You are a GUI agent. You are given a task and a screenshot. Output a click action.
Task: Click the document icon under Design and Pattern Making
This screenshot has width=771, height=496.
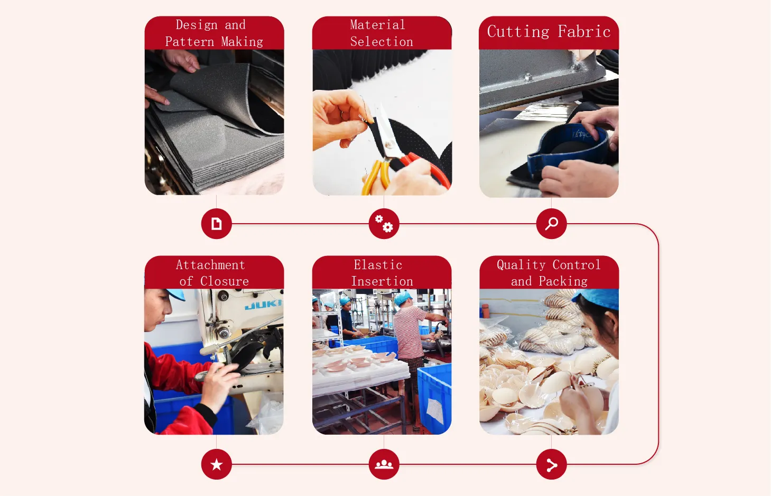(216, 224)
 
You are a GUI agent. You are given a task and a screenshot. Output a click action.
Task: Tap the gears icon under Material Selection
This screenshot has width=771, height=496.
(384, 224)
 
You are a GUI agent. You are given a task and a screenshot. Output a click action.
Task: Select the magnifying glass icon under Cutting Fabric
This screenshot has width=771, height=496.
(551, 224)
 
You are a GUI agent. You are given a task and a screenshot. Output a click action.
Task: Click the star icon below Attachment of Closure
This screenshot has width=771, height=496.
(216, 464)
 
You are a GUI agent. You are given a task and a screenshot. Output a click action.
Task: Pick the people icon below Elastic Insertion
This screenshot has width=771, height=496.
(384, 464)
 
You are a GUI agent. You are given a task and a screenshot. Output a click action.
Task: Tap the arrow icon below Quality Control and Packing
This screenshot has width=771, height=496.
(551, 465)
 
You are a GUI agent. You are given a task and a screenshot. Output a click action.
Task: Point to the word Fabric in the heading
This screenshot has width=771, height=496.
(584, 32)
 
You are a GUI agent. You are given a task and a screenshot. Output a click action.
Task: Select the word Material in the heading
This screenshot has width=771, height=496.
(377, 25)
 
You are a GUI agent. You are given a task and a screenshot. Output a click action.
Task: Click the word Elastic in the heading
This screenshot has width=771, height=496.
(378, 265)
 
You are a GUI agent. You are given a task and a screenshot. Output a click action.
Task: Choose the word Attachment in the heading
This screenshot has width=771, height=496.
(210, 265)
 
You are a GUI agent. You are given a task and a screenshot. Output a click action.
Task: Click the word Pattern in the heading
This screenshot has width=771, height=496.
(190, 42)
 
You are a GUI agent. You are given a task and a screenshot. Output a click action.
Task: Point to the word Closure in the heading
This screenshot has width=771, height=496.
(225, 281)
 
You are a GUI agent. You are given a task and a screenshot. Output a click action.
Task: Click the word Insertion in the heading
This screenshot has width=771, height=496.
(382, 281)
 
